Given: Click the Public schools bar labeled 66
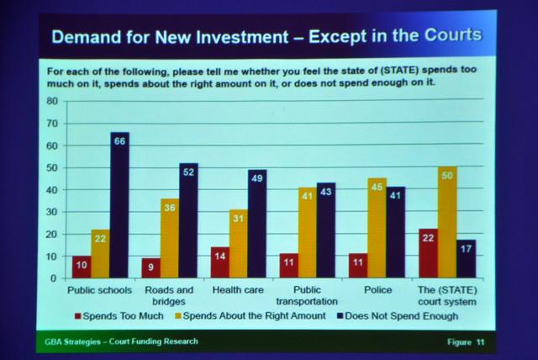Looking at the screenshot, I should click(x=119, y=205).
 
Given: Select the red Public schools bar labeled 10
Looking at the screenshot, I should click(x=81, y=267).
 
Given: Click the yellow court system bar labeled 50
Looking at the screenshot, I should click(x=446, y=222).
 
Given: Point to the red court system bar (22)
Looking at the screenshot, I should click(x=429, y=253).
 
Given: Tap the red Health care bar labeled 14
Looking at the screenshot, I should click(x=220, y=262).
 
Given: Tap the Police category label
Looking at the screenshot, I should click(x=377, y=289).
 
